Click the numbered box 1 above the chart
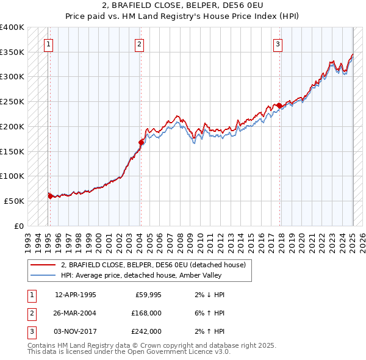click(48, 44)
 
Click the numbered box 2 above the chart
click(139, 44)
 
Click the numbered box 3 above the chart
click(278, 44)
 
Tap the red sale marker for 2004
click(141, 142)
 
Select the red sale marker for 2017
click(279, 106)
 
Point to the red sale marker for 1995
click(50, 196)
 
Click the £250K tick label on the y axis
click(12, 101)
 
